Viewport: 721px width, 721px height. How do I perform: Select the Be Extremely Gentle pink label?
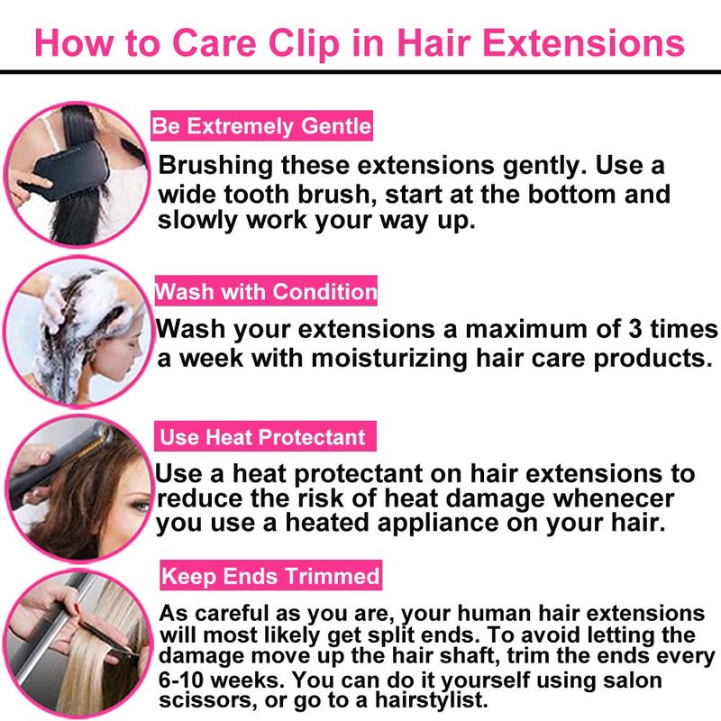click(x=261, y=125)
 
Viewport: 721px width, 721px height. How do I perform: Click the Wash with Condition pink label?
click(x=266, y=291)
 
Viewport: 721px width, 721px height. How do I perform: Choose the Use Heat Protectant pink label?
click(x=265, y=436)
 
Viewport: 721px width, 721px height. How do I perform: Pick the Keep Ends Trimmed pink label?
click(x=271, y=575)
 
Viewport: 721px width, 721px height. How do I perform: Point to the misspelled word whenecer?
click(x=614, y=498)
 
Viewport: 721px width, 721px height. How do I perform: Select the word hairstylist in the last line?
click(x=431, y=700)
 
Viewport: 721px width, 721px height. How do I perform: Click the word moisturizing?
click(x=389, y=358)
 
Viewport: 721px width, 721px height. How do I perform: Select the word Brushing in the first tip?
click(x=215, y=166)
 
